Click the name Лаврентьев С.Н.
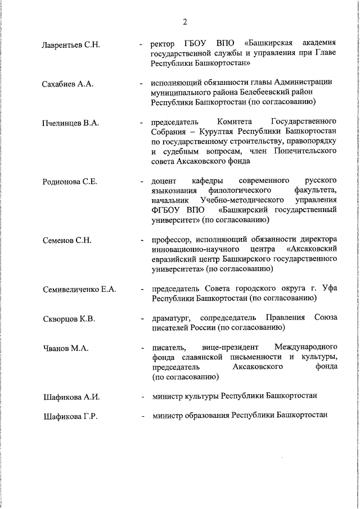(x=71, y=44)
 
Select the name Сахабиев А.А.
(x=67, y=84)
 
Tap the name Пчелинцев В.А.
(x=70, y=123)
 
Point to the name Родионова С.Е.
(x=70, y=182)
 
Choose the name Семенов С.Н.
(x=67, y=241)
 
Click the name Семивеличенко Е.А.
(x=79, y=290)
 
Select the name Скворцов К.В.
(x=69, y=319)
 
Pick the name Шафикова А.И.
(x=71, y=397)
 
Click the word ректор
(x=164, y=44)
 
